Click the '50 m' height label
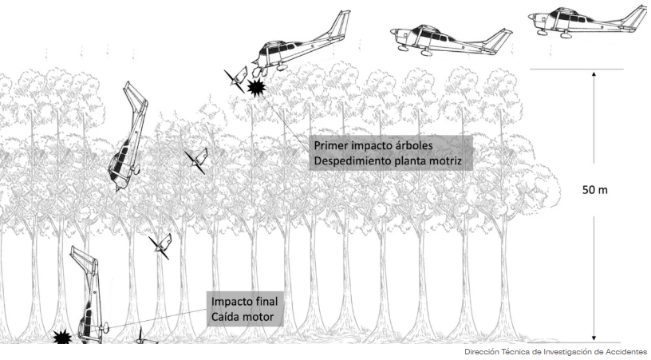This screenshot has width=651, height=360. [594, 190]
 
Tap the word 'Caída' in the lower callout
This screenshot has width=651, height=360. [226, 317]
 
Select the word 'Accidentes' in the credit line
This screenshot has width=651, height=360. [628, 352]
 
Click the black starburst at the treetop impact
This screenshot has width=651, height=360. [256, 87]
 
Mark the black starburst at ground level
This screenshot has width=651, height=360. [63, 337]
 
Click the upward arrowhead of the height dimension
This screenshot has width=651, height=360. [594, 75]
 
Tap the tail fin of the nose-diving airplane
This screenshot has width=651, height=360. [136, 97]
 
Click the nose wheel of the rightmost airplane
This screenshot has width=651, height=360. [541, 32]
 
